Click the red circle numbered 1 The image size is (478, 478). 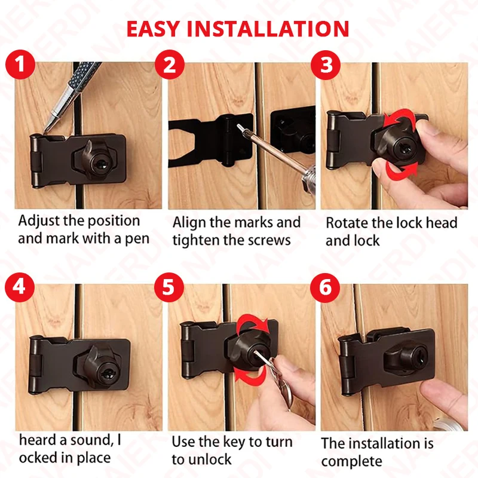point(20,65)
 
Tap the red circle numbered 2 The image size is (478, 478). point(170,65)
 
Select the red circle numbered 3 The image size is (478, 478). point(326,65)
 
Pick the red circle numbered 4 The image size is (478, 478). point(20,287)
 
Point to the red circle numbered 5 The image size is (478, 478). point(168,287)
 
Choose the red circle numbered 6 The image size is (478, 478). point(325,288)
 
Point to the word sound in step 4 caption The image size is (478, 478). point(91,440)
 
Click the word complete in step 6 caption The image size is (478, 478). point(351,462)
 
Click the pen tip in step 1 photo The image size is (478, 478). point(46,130)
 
